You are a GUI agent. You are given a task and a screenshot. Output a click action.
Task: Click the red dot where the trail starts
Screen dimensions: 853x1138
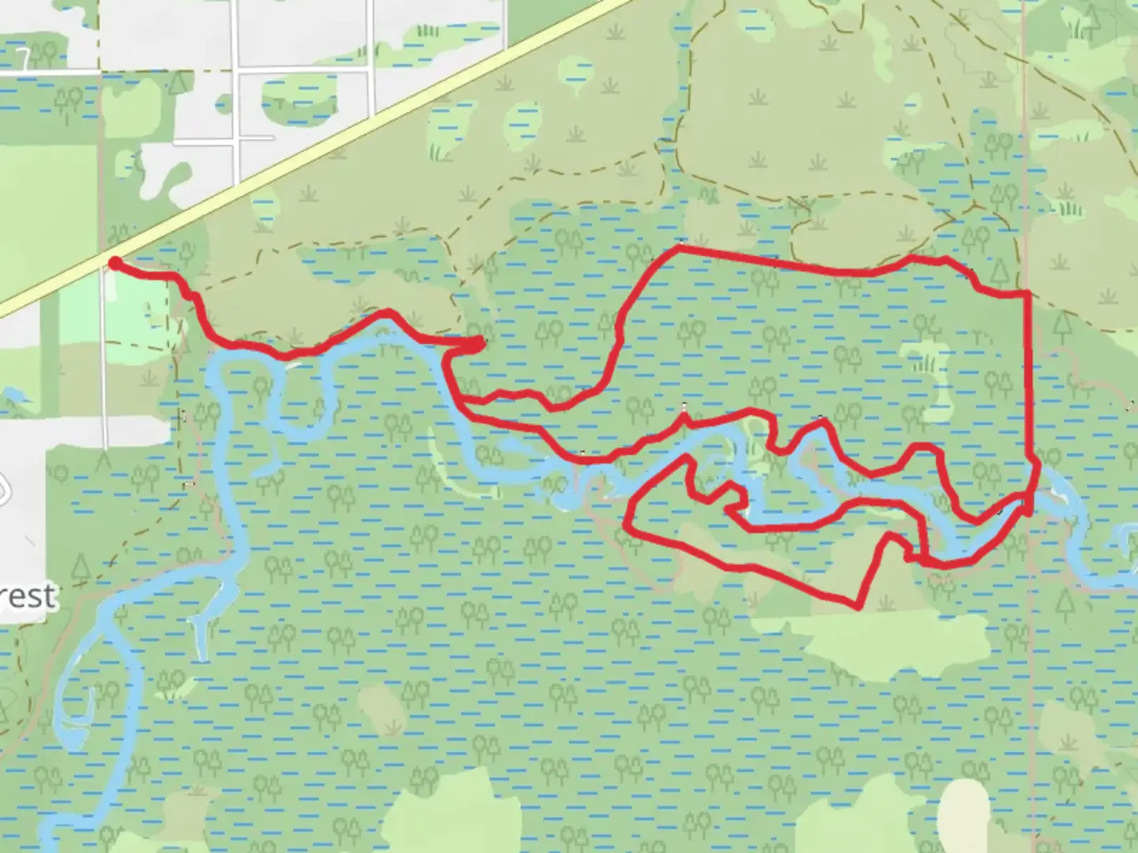pyautogui.click(x=115, y=263)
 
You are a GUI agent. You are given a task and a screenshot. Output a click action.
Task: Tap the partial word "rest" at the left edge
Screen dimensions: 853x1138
pyautogui.click(x=30, y=596)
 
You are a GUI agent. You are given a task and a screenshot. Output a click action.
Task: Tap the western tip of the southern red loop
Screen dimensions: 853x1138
pyautogui.click(x=627, y=524)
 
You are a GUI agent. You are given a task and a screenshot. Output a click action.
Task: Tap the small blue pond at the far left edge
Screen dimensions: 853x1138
pyautogui.click(x=11, y=393)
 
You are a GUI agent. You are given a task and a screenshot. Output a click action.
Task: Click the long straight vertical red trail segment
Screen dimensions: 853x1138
pyautogui.click(x=1029, y=379)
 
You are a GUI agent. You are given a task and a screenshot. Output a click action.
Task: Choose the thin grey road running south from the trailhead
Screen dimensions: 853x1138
pyautogui.click(x=104, y=355)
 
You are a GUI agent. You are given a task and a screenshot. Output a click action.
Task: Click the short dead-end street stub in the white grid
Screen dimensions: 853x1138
pyautogui.click(x=257, y=138)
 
